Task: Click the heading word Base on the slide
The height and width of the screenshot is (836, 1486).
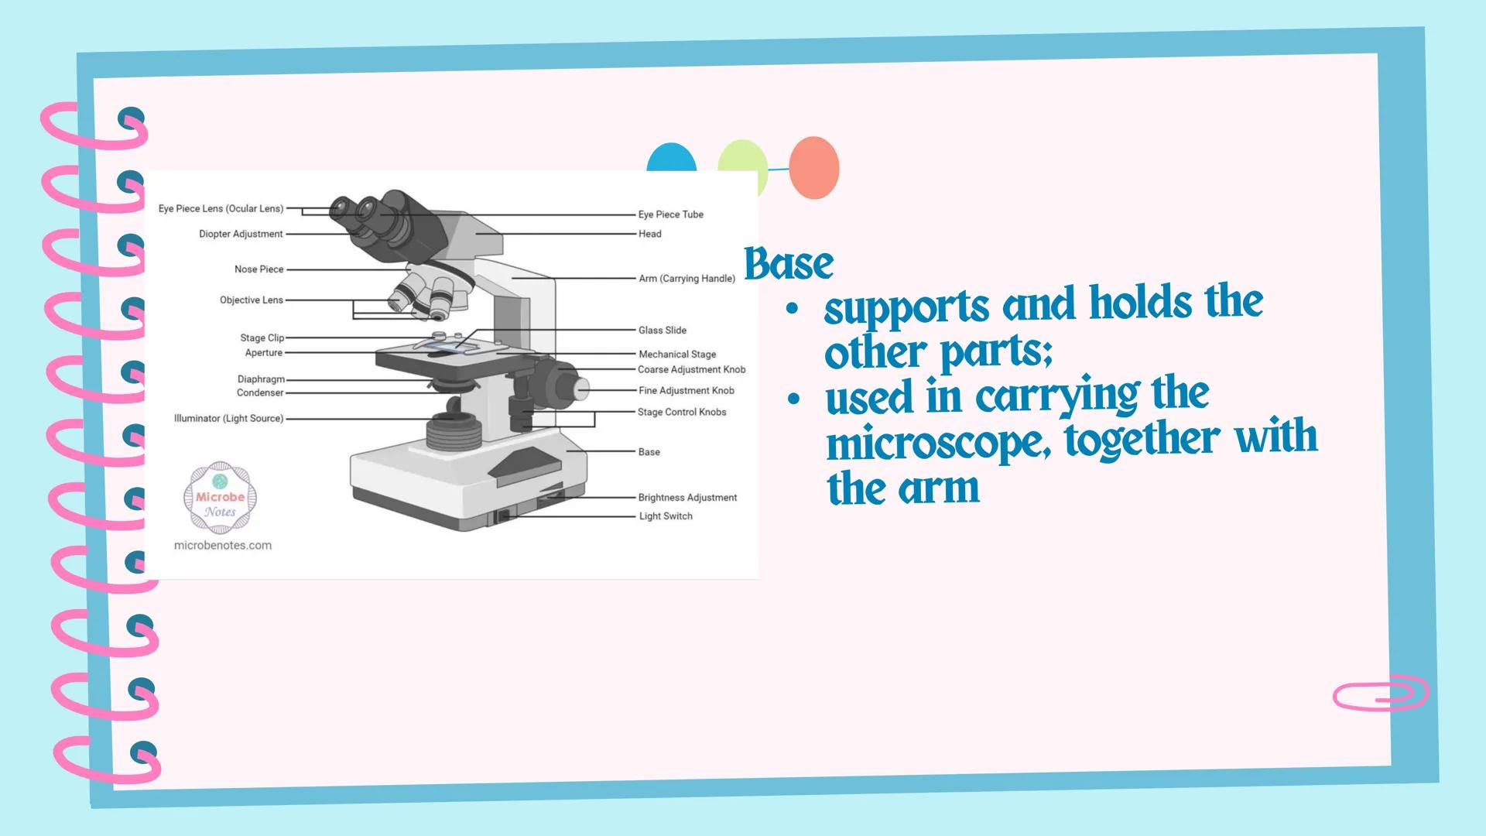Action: tap(789, 264)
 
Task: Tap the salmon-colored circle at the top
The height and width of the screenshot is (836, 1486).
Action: tap(813, 168)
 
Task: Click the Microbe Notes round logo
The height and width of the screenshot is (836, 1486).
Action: tap(220, 498)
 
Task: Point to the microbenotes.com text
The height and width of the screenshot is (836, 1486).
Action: tap(223, 545)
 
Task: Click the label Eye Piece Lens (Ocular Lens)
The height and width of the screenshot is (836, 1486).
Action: tap(221, 208)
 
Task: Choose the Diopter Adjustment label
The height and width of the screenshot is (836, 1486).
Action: tap(241, 234)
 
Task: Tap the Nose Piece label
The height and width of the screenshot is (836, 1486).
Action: tap(259, 269)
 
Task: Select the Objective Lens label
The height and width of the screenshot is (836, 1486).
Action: tap(251, 300)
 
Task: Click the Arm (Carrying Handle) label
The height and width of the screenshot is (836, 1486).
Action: tap(687, 279)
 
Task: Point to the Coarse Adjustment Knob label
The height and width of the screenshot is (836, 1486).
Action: tap(691, 369)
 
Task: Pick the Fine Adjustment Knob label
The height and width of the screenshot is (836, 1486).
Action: tap(686, 391)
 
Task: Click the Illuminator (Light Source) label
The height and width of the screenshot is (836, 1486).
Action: tap(228, 418)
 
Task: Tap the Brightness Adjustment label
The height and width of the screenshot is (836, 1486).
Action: tap(687, 498)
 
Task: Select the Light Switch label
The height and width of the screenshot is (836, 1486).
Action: tap(666, 516)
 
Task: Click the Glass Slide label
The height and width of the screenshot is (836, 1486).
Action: tap(663, 330)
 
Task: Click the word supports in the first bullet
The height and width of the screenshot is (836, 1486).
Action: tap(906, 307)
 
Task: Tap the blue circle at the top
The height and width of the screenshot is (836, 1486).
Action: tap(671, 158)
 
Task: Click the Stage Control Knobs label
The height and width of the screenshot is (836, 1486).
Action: tap(682, 412)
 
